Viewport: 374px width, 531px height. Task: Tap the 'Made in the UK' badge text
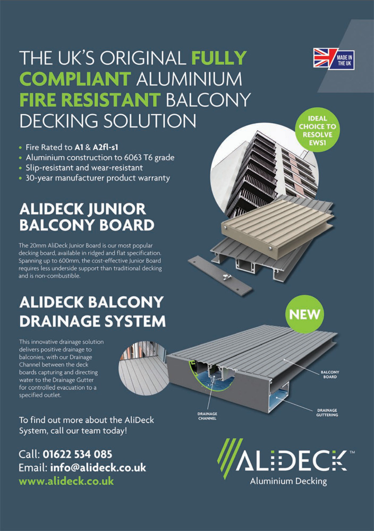tap(344, 61)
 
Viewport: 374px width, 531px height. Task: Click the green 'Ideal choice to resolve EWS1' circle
tap(318, 131)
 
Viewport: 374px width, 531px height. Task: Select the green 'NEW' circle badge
tap(304, 314)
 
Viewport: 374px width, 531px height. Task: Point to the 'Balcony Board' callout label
tap(330, 374)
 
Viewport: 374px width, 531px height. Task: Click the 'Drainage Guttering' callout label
tap(327, 413)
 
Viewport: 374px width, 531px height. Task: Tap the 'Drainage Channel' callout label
tap(207, 416)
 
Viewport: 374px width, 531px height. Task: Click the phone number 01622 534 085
tap(78, 454)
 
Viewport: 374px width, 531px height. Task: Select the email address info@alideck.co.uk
tap(98, 468)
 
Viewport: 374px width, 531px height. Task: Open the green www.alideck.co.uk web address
tap(66, 481)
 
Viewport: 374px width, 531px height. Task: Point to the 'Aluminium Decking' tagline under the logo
tap(288, 481)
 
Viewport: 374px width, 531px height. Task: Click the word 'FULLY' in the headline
tap(219, 58)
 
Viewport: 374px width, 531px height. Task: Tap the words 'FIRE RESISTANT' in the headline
tap(90, 100)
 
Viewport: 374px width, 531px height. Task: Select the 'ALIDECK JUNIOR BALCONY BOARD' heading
tap(87, 217)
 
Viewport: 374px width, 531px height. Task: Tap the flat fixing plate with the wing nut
tap(220, 276)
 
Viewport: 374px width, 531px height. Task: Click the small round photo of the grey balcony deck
tap(142, 367)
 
